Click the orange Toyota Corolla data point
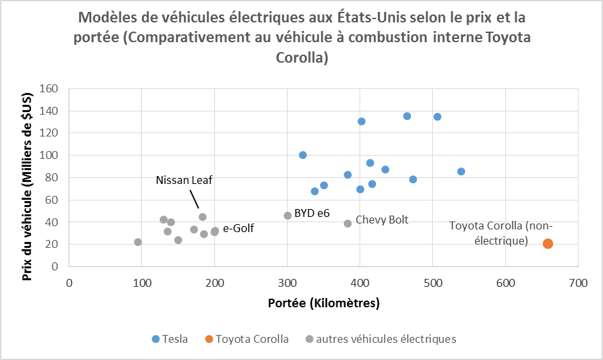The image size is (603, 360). [548, 244]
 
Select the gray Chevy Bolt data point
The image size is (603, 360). [348, 224]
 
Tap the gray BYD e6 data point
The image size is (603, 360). [288, 216]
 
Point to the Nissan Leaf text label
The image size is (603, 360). [184, 180]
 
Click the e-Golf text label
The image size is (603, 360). [238, 229]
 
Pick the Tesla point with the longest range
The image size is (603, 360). [461, 171]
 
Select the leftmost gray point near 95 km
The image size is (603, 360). [138, 242]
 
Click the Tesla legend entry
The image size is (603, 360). [170, 339]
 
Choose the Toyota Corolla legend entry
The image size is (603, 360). [247, 339]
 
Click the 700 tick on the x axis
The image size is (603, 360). [578, 282]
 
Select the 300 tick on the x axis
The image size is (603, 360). [287, 282]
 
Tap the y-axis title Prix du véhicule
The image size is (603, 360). [27, 178]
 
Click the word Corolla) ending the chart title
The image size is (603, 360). [301, 58]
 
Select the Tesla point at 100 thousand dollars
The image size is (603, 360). [303, 155]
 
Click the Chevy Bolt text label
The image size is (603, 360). [382, 220]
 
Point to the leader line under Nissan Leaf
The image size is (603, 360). [195, 199]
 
